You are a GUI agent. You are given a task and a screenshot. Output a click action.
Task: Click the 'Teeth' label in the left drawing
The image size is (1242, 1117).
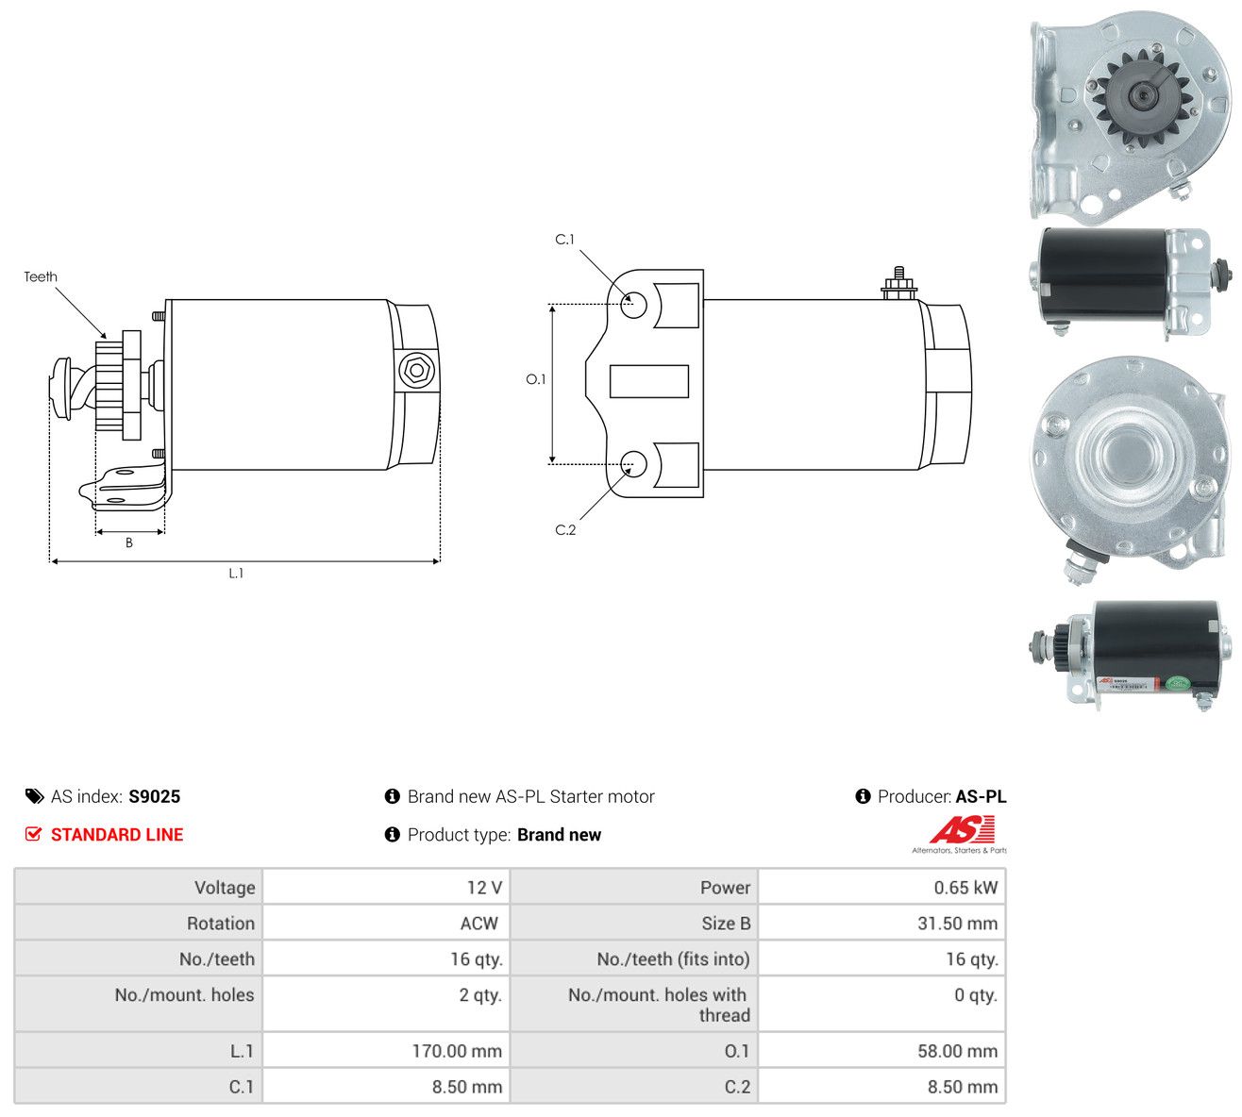tap(41, 276)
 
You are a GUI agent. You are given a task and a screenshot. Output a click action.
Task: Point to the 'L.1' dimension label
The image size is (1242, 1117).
tap(236, 574)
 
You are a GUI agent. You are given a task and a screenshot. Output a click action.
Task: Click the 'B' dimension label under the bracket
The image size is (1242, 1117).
tap(128, 542)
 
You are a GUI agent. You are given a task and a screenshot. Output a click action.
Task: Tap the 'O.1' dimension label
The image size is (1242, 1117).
tap(535, 379)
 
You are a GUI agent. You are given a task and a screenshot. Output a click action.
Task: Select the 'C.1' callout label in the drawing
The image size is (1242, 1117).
tap(564, 239)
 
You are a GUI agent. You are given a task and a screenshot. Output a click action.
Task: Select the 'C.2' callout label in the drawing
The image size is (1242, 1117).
tap(565, 529)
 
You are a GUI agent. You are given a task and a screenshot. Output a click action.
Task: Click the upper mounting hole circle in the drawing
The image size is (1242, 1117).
tap(632, 305)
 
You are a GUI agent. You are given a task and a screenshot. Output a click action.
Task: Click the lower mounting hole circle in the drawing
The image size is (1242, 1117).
tap(632, 464)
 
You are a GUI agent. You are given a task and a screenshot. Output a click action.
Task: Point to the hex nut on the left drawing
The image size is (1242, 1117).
tap(417, 371)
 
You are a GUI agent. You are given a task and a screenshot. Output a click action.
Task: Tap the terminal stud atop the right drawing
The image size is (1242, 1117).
tap(899, 284)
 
